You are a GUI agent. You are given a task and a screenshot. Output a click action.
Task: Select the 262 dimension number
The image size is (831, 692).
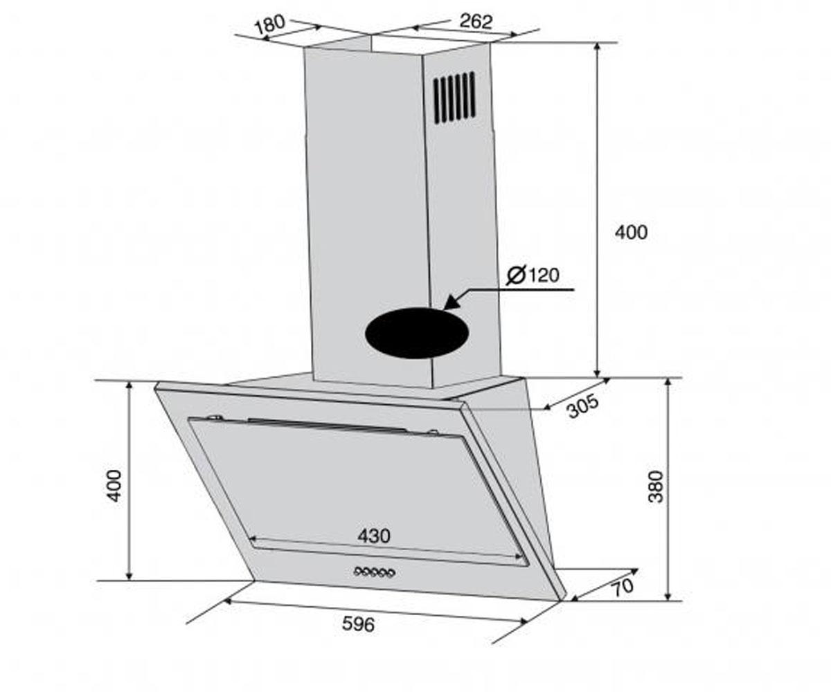tap(476, 21)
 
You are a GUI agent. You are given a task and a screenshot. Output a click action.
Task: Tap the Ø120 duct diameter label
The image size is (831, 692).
tap(533, 275)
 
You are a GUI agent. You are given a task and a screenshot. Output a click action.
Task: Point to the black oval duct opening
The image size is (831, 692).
tap(416, 332)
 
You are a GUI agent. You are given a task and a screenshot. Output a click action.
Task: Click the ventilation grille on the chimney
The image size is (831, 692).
tap(454, 97)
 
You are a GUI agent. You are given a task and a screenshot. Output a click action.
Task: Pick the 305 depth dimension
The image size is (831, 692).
tap(583, 406)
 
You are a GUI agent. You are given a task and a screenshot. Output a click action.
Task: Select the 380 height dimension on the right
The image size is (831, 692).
tap(656, 486)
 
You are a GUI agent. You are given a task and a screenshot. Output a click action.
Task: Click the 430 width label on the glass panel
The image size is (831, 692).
tap(374, 536)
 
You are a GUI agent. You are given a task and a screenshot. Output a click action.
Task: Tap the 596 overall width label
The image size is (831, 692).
tap(358, 623)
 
